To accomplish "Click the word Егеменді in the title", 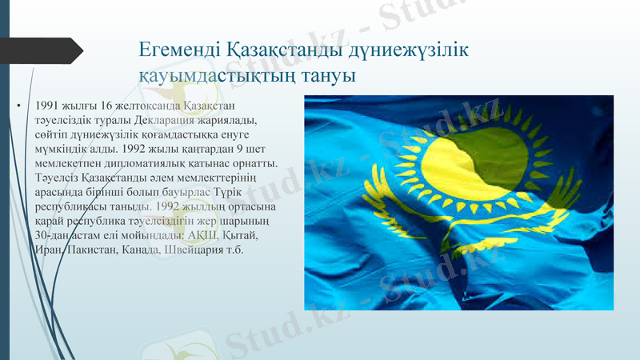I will click(173, 50).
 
